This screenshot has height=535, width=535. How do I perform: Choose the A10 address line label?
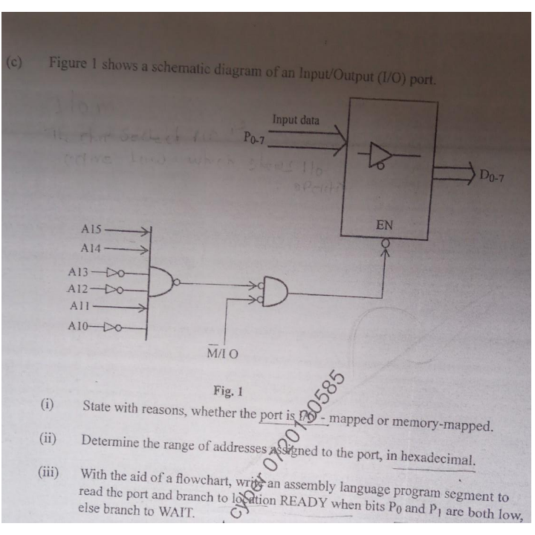pos(80,325)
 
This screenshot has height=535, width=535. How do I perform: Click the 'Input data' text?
pos(296,120)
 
